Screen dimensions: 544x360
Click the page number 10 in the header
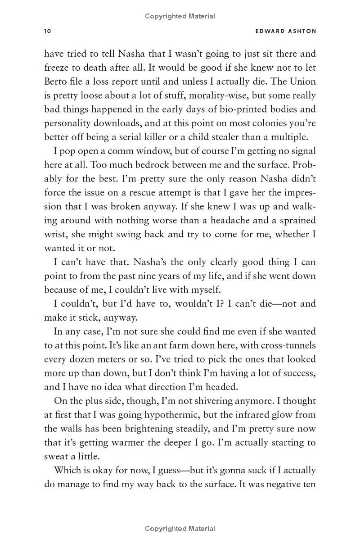point(48,31)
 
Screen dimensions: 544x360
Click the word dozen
point(82,359)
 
